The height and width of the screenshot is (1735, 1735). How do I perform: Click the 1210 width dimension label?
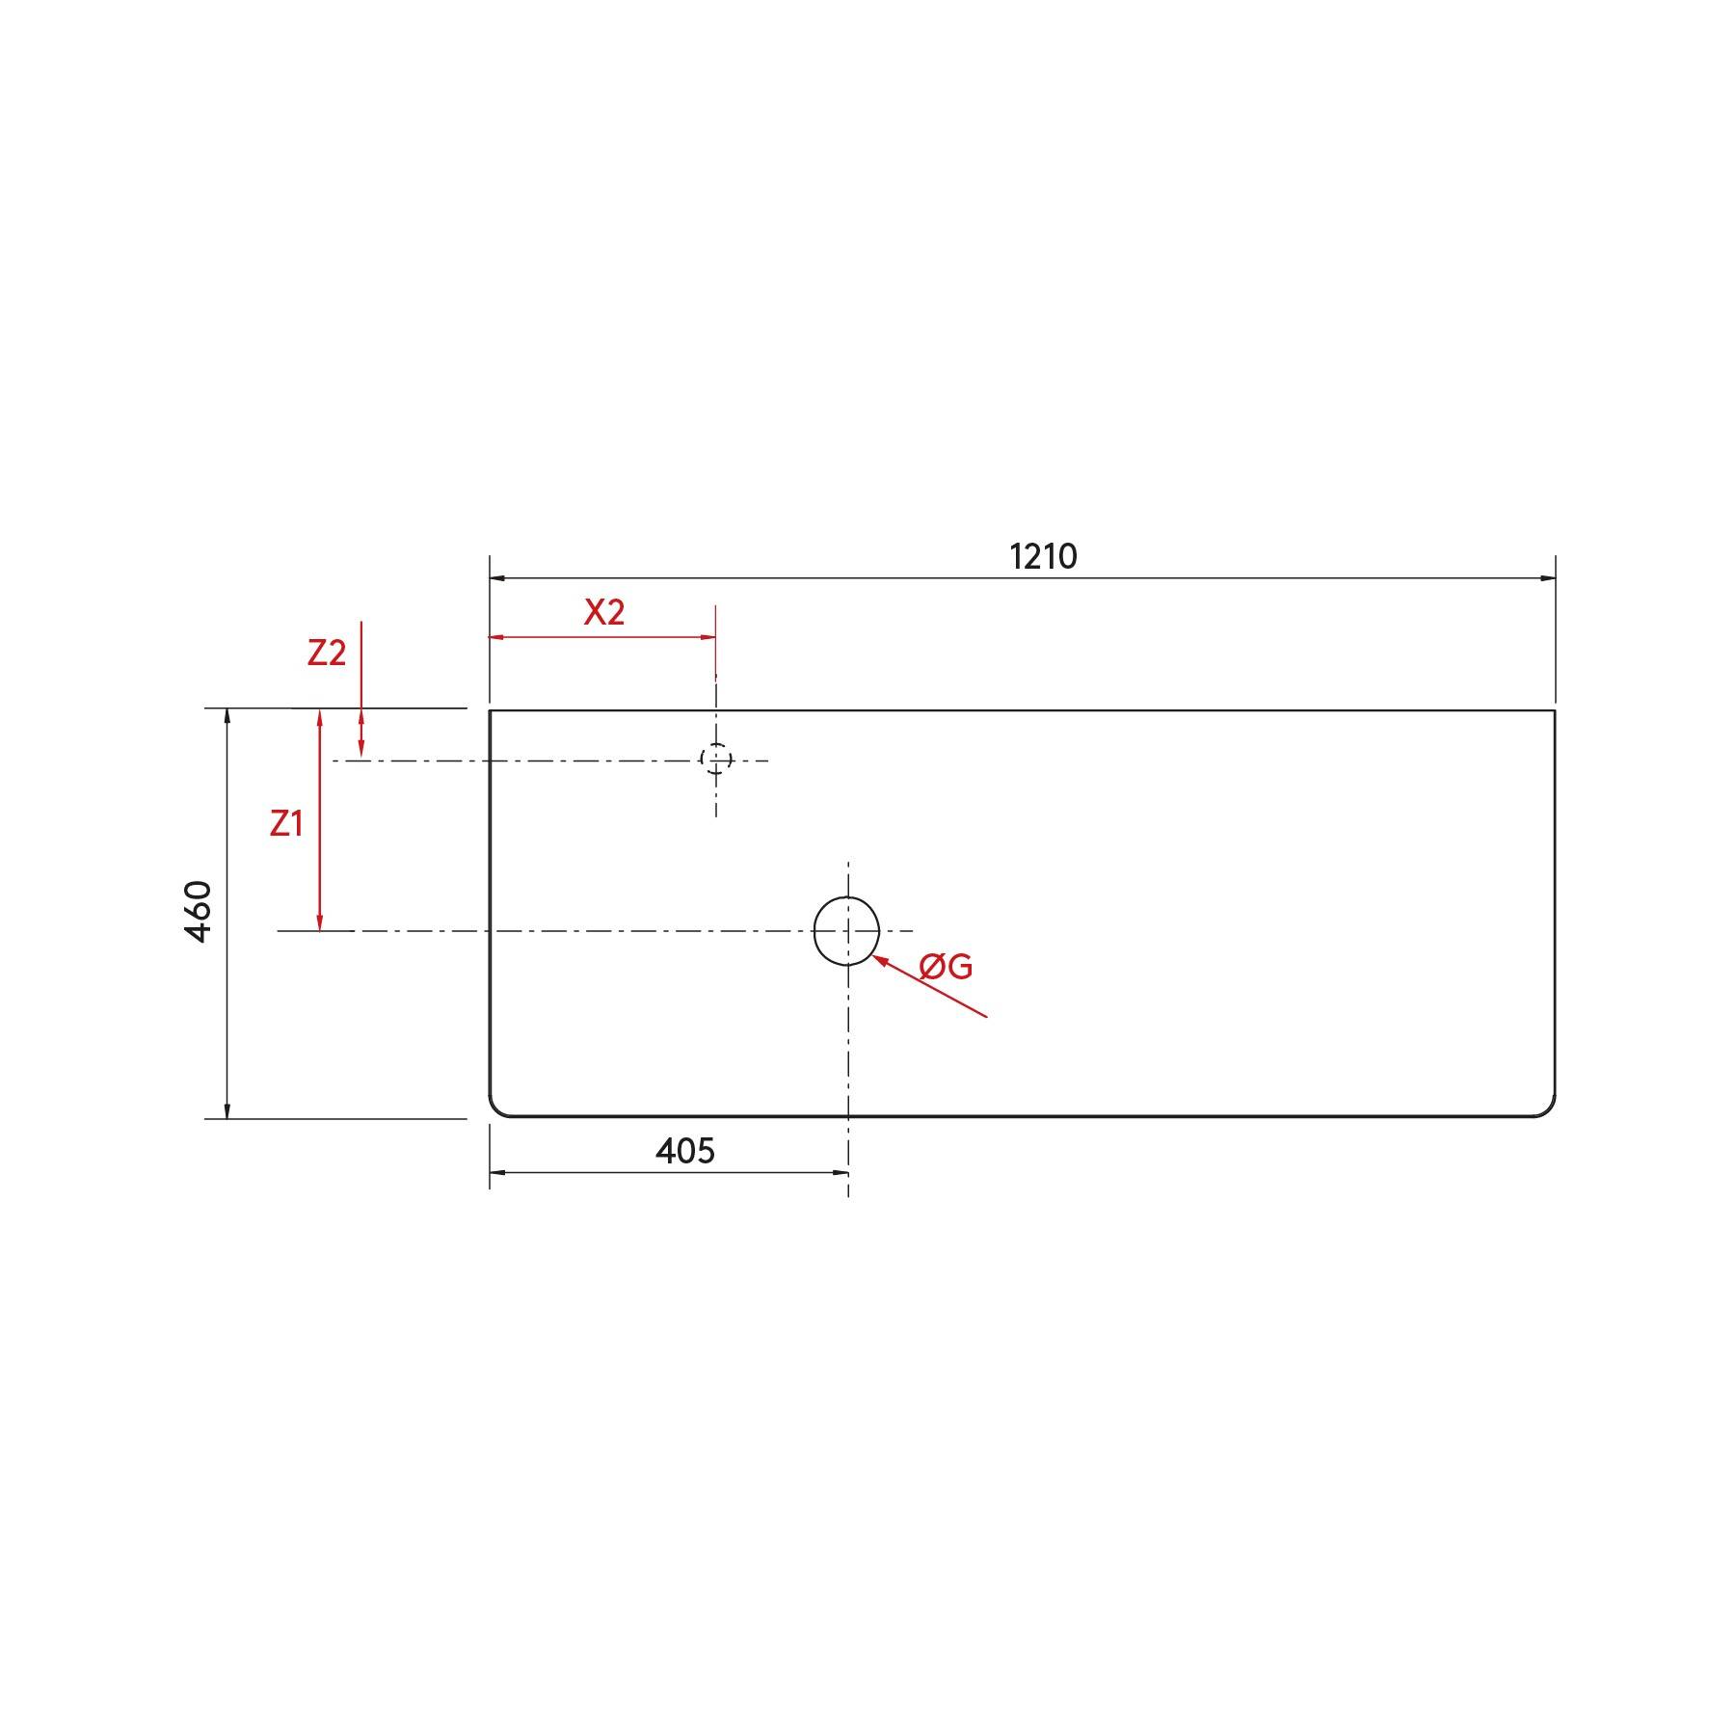tap(1043, 557)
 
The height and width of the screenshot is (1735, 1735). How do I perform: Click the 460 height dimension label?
tap(199, 911)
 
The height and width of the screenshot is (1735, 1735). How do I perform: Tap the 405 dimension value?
tap(685, 1150)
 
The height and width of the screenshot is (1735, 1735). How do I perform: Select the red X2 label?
tap(604, 612)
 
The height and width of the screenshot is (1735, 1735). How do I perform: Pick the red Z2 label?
tap(327, 654)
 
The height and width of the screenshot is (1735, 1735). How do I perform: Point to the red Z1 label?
tap(286, 823)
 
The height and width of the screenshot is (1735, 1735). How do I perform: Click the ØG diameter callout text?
tap(946, 966)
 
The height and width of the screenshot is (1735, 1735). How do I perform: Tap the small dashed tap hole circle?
tap(715, 760)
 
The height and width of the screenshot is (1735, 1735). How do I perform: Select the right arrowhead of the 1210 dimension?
tap(1548, 578)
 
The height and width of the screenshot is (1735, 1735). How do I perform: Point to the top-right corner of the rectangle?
tap(1554, 711)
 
